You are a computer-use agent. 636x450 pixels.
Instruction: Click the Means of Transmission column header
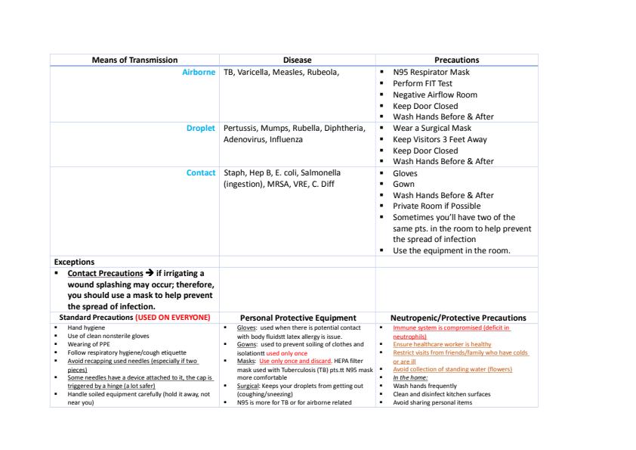[134, 60]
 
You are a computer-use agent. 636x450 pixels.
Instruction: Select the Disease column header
[297, 60]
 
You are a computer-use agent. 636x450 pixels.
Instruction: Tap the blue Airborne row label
[199, 72]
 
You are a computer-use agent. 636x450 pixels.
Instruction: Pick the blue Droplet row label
[201, 128]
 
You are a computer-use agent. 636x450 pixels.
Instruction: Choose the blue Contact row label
[201, 172]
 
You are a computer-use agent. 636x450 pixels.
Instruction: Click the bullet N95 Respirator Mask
[431, 73]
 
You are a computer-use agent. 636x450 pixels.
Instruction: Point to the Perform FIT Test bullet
[422, 83]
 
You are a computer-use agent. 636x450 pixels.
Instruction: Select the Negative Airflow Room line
[434, 95]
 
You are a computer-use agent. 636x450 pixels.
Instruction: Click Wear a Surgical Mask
[432, 128]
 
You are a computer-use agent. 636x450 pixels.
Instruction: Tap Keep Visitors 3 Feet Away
[440, 139]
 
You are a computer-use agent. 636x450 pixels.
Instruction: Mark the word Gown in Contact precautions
[404, 184]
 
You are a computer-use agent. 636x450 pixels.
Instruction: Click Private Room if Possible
[436, 206]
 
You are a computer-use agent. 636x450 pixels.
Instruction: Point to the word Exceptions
[74, 262]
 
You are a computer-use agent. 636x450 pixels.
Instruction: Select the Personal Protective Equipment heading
[297, 318]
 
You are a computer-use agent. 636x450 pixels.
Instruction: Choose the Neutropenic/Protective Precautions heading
[458, 318]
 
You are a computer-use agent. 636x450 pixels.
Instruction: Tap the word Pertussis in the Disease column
[241, 128]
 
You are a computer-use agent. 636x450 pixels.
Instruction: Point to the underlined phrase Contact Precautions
[105, 273]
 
